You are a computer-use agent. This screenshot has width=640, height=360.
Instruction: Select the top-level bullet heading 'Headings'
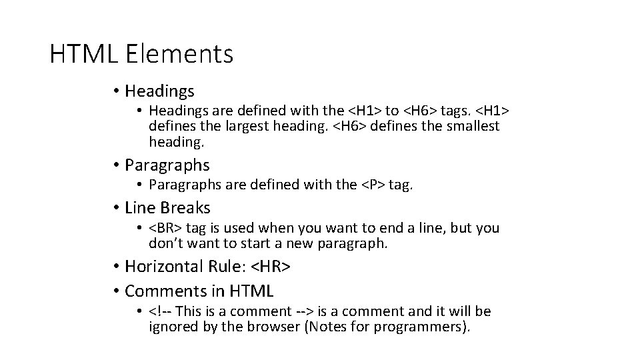[159, 90]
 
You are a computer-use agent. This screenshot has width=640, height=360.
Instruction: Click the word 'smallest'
[469, 126]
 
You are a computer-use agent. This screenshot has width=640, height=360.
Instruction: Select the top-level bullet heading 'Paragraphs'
[167, 165]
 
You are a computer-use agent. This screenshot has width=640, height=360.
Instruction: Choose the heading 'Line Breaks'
[167, 207]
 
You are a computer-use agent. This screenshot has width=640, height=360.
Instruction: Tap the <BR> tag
[166, 228]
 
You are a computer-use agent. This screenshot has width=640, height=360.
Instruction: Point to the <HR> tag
[271, 267]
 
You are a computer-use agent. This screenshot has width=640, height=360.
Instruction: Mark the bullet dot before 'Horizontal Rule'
[115, 267]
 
